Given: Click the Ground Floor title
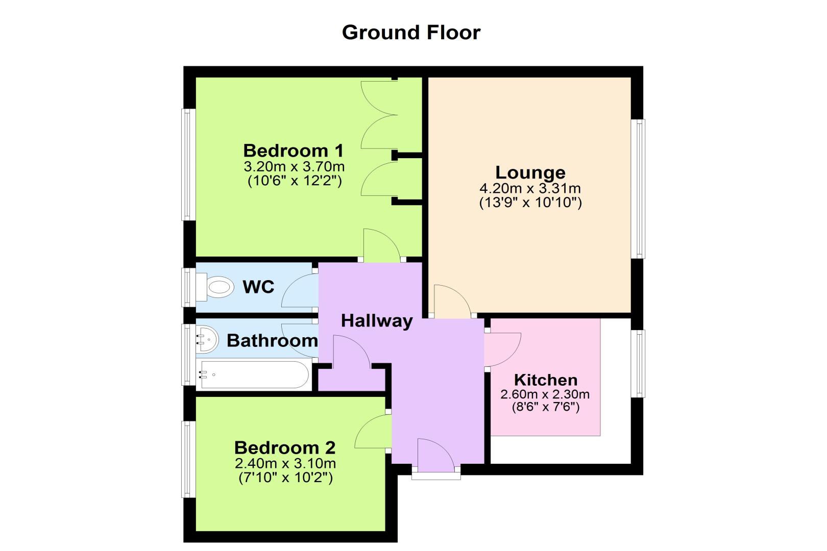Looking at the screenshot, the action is click(x=411, y=33).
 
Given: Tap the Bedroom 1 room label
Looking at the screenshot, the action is click(x=294, y=151).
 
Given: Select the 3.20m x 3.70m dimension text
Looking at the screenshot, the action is click(x=294, y=166).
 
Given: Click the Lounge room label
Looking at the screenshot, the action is click(x=530, y=172).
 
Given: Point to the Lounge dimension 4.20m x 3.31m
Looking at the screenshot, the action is click(x=530, y=189).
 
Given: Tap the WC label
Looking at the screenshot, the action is click(x=258, y=287).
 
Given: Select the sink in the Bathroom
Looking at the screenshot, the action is click(x=207, y=339).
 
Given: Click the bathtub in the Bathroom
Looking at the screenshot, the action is click(x=254, y=374).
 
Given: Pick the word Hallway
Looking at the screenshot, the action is click(x=377, y=321).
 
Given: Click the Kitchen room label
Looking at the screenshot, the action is click(x=546, y=380).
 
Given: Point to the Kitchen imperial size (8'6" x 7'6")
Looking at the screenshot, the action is click(x=546, y=407).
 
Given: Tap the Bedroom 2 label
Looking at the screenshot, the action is click(x=285, y=447).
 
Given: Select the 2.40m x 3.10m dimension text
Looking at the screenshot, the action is click(x=285, y=463).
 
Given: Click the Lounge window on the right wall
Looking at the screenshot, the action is click(x=638, y=189).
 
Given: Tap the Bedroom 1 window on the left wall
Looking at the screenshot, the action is click(x=188, y=165).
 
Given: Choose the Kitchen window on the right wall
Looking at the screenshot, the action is click(x=638, y=364).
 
